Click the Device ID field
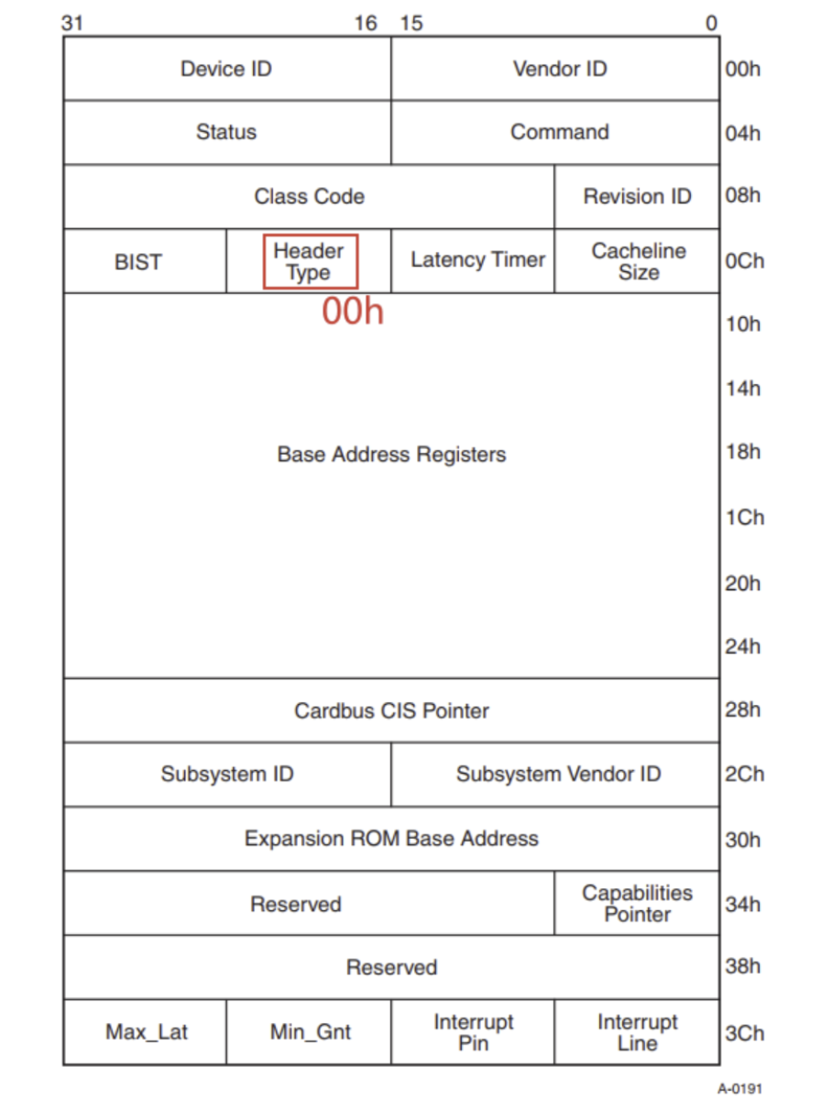pyautogui.click(x=226, y=69)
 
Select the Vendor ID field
pyautogui.click(x=559, y=69)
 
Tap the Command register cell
pyautogui.click(x=559, y=132)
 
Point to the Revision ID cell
pyautogui.click(x=637, y=196)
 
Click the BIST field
pyautogui.click(x=138, y=262)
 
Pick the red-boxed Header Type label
pyautogui.click(x=310, y=261)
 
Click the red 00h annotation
pyautogui.click(x=352, y=313)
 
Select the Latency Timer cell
pyautogui.click(x=477, y=260)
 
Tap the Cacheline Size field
pyautogui.click(x=638, y=261)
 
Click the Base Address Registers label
pyautogui.click(x=391, y=455)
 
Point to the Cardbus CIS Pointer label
pyautogui.click(x=391, y=710)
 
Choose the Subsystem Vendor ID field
pyautogui.click(x=558, y=775)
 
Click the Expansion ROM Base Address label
pyautogui.click(x=391, y=839)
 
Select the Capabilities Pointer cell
pyautogui.click(x=637, y=903)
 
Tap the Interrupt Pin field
pyautogui.click(x=473, y=1032)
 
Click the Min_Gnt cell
pyautogui.click(x=310, y=1032)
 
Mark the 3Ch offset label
pyautogui.click(x=743, y=1033)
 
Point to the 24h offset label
pyautogui.click(x=742, y=647)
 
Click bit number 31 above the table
pyautogui.click(x=71, y=23)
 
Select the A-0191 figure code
pyautogui.click(x=739, y=1089)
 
